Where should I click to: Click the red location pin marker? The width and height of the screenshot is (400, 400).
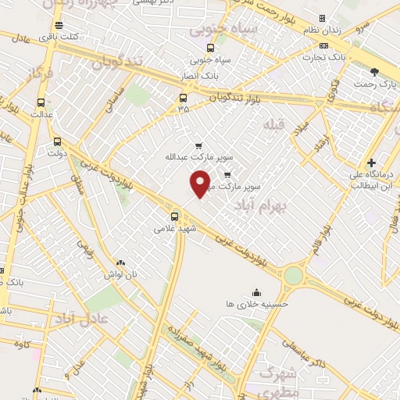coord(201,184)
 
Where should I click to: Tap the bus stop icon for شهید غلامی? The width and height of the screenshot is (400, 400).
coord(174,216)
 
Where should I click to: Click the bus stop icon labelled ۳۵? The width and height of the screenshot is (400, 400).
coord(183,98)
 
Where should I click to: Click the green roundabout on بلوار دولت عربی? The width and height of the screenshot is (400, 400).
coord(293,275)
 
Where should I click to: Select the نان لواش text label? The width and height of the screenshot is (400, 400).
coord(121,275)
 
